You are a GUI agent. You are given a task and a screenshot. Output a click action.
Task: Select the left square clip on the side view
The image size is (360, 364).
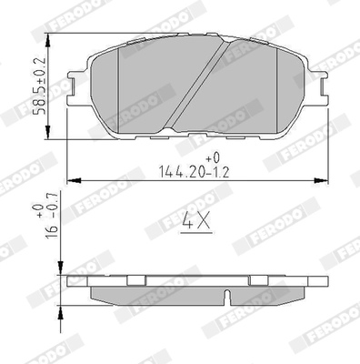tap(135, 278)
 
